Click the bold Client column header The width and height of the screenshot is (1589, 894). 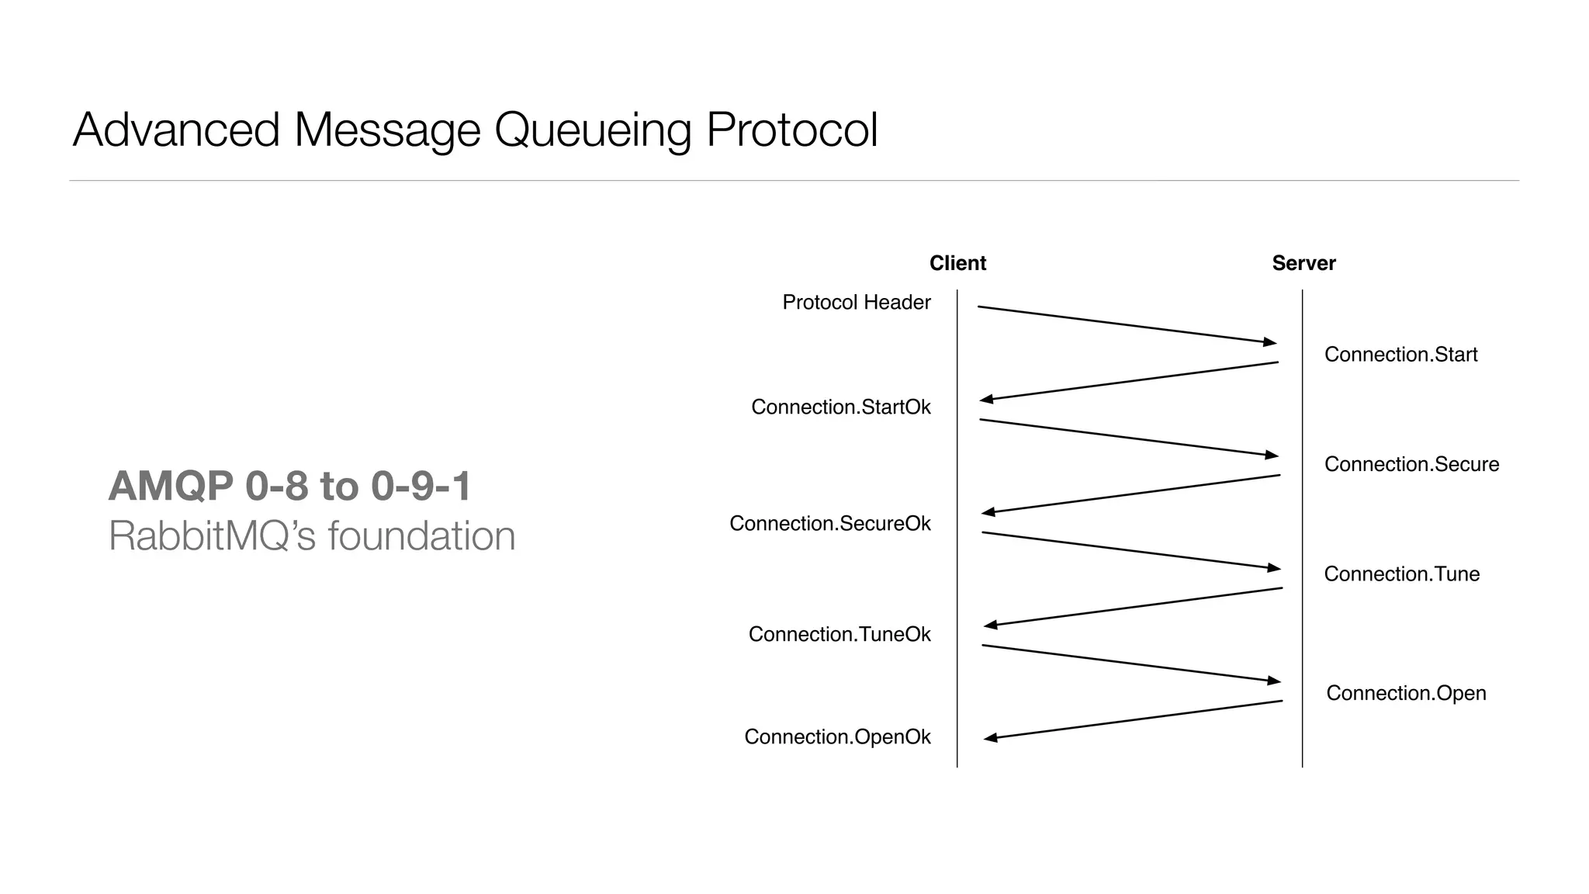tap(957, 263)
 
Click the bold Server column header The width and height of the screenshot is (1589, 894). tap(1303, 263)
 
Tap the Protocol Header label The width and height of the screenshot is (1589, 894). tap(856, 302)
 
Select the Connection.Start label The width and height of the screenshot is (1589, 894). tap(1400, 355)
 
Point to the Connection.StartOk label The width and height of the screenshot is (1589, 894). tap(840, 407)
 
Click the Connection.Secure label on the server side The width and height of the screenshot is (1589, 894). tap(1411, 464)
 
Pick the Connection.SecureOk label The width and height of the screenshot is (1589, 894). tap(829, 523)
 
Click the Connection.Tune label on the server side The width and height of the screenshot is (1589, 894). tap(1401, 574)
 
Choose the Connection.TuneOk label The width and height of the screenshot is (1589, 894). tap(839, 634)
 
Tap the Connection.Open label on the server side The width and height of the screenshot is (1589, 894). tap(1406, 693)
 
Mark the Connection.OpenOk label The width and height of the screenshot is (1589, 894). tap(837, 736)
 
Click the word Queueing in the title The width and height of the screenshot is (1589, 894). tap(593, 130)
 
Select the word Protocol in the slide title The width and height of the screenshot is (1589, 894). tap(791, 130)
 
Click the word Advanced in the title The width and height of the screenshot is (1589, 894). tap(176, 130)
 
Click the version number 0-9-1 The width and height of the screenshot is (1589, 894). tap(421, 487)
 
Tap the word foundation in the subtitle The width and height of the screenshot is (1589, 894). tap(421, 536)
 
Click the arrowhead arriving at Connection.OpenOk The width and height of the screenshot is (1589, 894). tap(991, 738)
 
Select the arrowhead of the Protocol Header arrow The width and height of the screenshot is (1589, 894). tap(1269, 341)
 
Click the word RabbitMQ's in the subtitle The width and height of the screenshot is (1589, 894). tap(212, 536)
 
